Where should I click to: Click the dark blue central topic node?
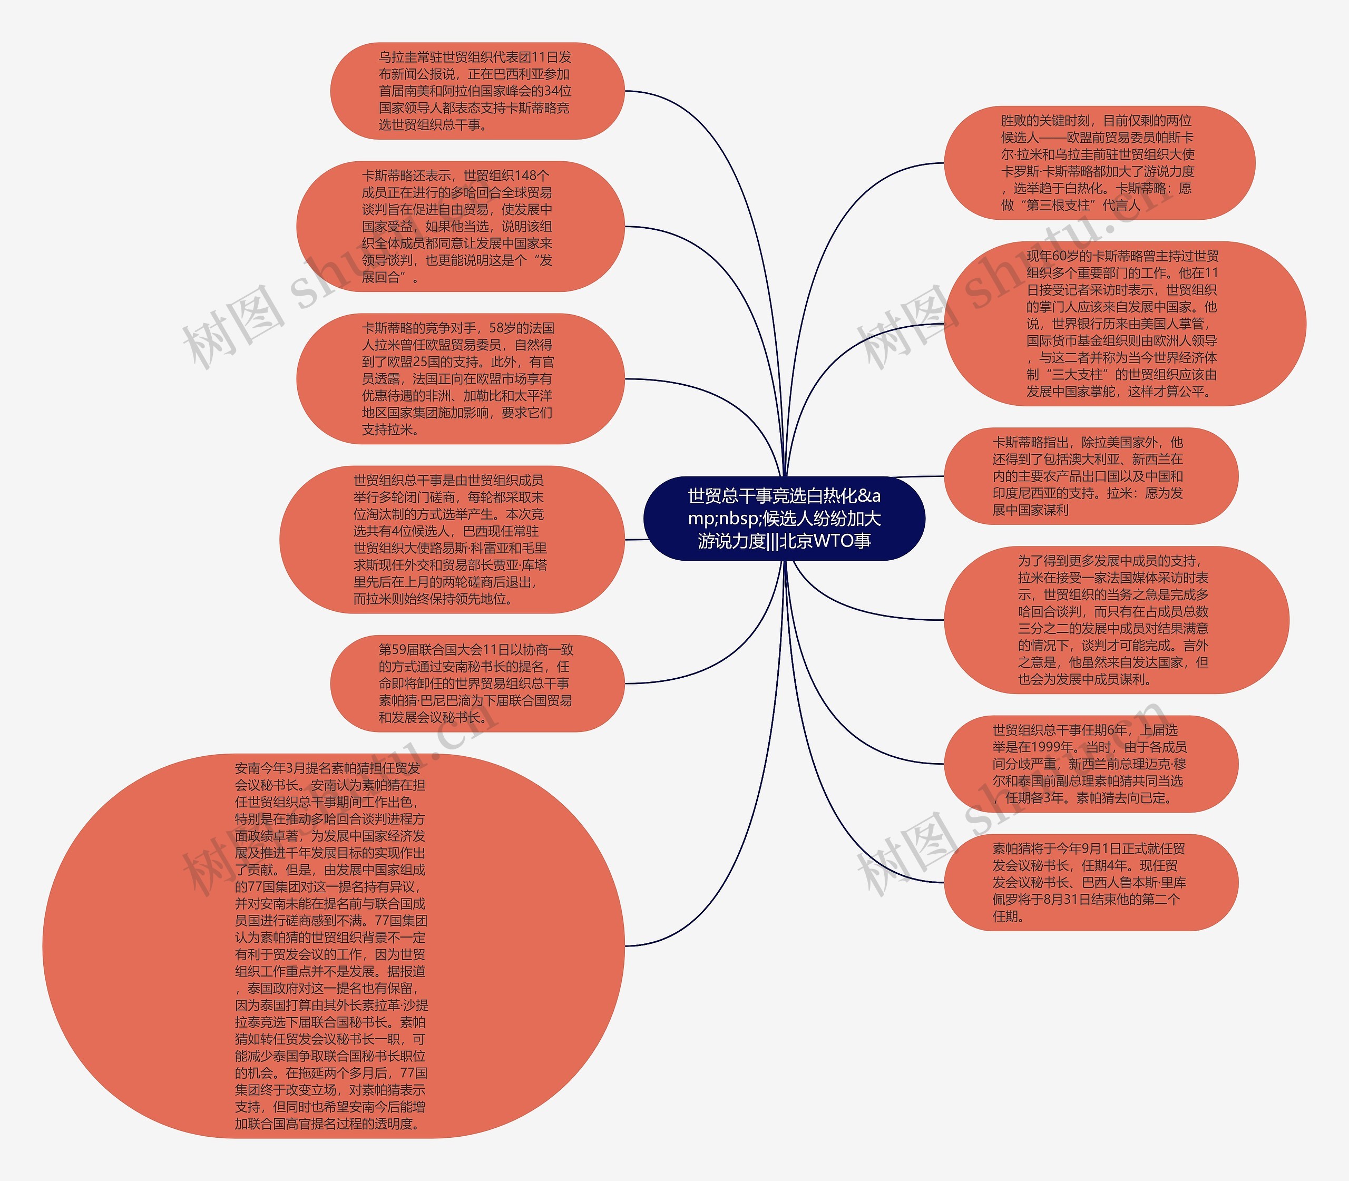pos(784,518)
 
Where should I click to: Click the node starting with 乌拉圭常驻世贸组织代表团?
pos(476,91)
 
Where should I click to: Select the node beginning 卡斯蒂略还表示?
pos(460,226)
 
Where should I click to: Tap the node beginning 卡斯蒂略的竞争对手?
pos(460,378)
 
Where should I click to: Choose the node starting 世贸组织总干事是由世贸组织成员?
pos(452,539)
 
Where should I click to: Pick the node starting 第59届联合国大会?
pos(476,683)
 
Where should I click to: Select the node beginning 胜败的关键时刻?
pos(1099,163)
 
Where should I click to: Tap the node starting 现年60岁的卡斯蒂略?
pos(1125,324)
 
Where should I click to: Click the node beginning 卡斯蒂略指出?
pos(1091,476)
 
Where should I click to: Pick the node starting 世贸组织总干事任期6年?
pos(1091,763)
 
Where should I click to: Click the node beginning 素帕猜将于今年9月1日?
pos(1091,882)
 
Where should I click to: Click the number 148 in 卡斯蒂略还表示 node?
pos(526,175)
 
